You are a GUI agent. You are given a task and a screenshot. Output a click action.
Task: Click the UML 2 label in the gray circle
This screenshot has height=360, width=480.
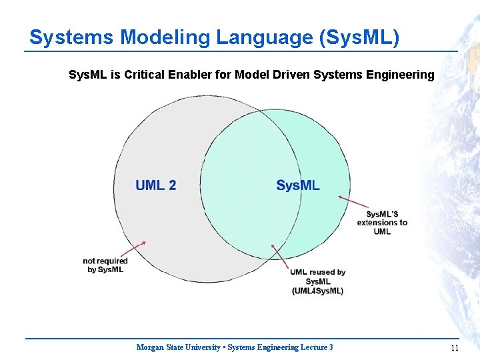tap(155, 185)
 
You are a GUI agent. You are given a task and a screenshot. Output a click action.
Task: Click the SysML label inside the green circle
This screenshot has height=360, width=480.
tap(298, 185)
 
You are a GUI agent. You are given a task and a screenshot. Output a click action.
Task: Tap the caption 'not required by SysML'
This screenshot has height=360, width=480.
tap(105, 265)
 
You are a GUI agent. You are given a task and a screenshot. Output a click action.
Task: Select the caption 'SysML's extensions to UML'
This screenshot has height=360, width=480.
tap(382, 223)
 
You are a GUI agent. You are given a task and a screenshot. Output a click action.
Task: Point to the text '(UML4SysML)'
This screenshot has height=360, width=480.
tap(317, 291)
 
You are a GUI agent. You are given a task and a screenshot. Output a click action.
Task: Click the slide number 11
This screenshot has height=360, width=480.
tap(455, 347)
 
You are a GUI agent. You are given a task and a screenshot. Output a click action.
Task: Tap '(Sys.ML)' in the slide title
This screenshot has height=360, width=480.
tap(360, 37)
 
